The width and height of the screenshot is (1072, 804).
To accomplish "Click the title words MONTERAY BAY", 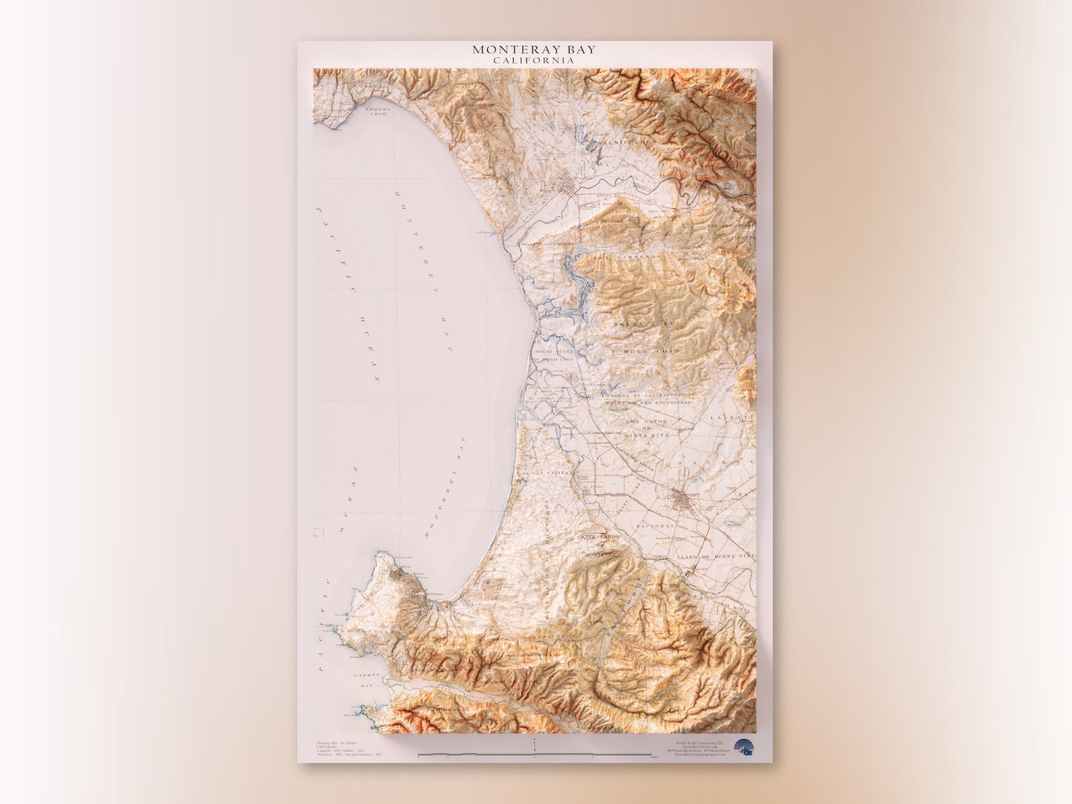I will tap(534, 50).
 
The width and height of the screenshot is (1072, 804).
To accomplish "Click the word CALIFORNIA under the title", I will tap(534, 61).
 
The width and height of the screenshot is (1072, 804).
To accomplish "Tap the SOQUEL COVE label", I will tap(378, 111).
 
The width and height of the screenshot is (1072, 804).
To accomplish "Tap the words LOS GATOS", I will tap(647, 422).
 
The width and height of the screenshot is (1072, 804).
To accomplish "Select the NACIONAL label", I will tap(655, 526).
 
